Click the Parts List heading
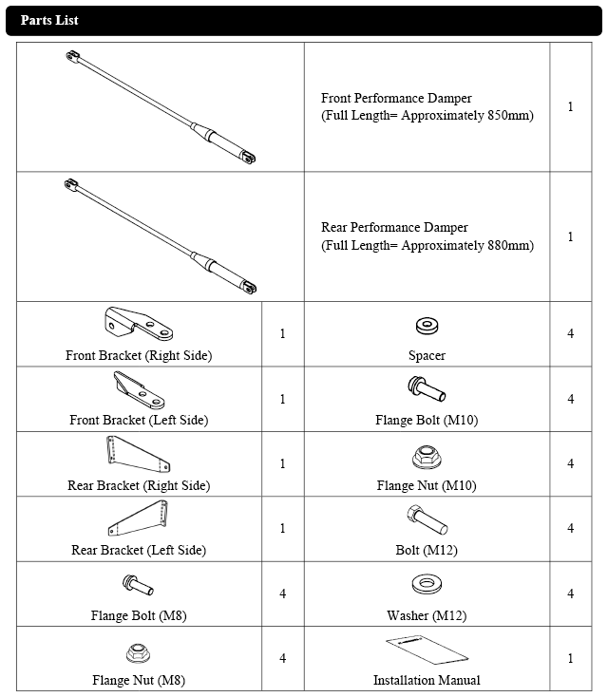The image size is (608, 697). tap(49, 20)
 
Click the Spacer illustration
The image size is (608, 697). tap(427, 326)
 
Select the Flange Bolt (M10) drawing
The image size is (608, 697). tap(427, 389)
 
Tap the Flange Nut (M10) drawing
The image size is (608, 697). tap(427, 458)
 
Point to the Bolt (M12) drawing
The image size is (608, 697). tap(427, 519)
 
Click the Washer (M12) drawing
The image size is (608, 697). tap(427, 584)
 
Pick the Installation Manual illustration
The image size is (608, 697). tap(427, 650)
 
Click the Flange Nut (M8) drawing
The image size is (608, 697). tap(139, 653)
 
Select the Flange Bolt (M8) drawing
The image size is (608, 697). tap(138, 585)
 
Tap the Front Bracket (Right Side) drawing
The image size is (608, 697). tap(139, 324)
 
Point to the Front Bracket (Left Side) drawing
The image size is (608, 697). tap(139, 390)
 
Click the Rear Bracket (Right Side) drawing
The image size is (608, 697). tap(138, 454)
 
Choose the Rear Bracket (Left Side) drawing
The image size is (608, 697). tap(138, 518)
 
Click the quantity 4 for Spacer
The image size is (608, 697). tap(571, 333)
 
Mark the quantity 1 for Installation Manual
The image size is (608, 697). tap(571, 658)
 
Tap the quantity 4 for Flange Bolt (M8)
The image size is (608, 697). tap(282, 593)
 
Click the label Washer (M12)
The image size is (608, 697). tap(427, 615)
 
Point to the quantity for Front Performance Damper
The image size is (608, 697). tap(571, 106)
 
